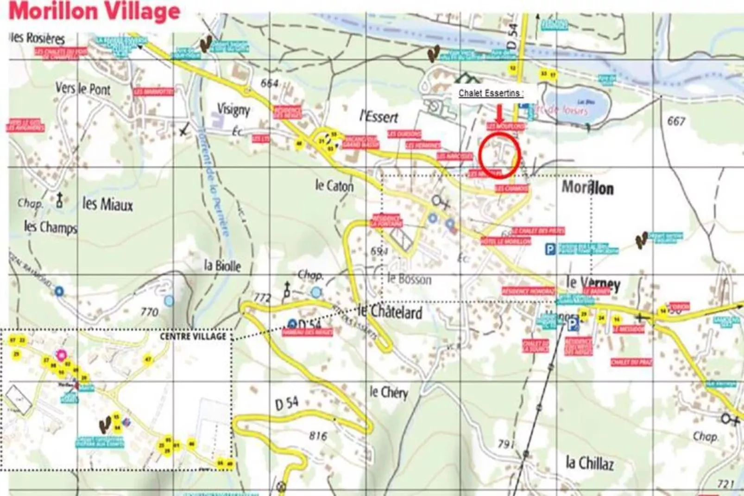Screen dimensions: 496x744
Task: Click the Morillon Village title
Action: click(95, 11)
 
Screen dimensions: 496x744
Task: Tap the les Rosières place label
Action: click(37, 38)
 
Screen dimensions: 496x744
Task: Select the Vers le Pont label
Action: click(83, 89)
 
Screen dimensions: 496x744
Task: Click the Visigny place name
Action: click(233, 110)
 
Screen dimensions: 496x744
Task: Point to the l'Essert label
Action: click(378, 117)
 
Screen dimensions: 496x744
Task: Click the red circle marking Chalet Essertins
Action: click(499, 155)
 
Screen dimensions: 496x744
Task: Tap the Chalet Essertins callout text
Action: click(491, 93)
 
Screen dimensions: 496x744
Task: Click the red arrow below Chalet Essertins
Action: click(499, 114)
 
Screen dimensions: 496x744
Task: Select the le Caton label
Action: click(334, 186)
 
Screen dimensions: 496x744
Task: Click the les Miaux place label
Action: click(107, 204)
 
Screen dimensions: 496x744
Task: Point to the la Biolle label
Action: click(222, 266)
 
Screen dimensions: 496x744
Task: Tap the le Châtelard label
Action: click(390, 312)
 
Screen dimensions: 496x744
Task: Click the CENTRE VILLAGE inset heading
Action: click(193, 337)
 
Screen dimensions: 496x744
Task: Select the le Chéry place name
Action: click(388, 393)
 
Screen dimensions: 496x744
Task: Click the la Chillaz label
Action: click(589, 463)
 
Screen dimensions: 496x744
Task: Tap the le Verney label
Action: click(593, 283)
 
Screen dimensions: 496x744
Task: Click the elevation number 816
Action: click(318, 436)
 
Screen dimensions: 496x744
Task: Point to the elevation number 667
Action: click(676, 121)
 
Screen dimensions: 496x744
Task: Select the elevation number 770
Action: click(149, 312)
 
